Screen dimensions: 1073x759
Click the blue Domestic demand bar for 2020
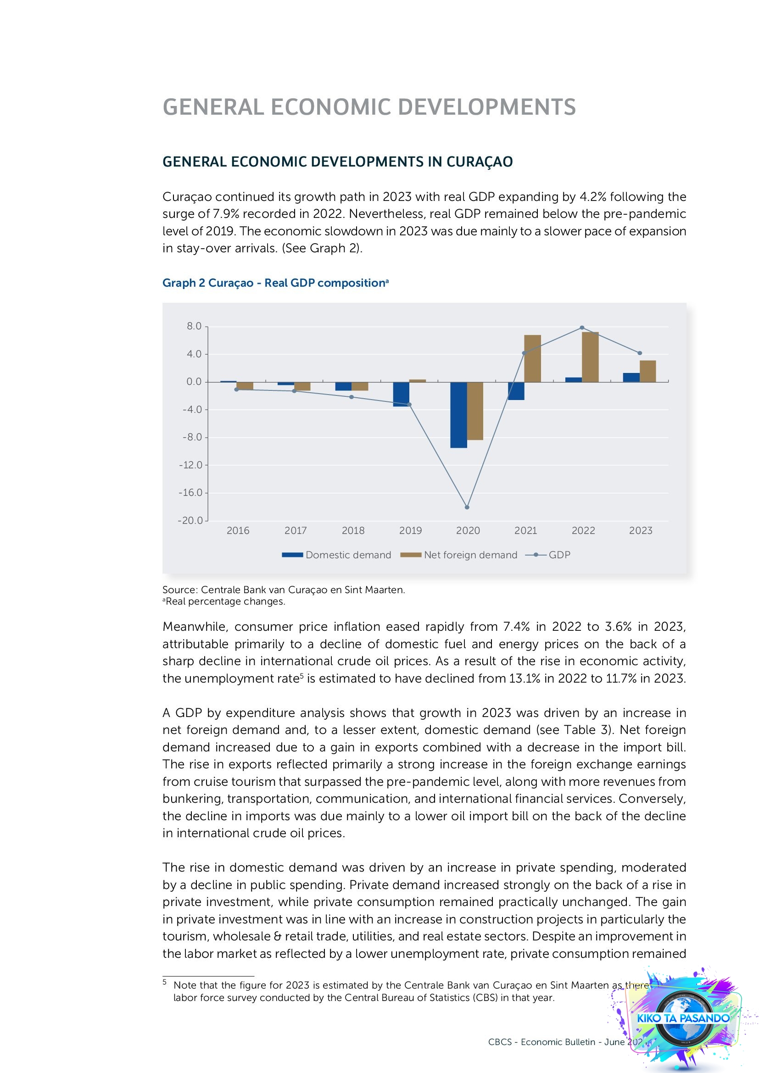458,415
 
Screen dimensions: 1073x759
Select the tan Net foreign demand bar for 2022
591,357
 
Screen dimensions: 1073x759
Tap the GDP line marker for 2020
467,507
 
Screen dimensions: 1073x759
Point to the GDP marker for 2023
640,353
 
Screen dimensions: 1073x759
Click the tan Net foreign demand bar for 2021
533,358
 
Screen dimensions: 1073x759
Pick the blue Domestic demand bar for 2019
401,394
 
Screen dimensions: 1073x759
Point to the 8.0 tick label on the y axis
194,326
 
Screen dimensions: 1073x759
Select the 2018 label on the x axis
353,530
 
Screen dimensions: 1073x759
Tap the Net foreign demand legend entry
470,555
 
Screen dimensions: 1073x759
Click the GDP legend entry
559,555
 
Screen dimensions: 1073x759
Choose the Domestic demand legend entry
348,555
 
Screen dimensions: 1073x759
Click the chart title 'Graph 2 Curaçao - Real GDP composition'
275,283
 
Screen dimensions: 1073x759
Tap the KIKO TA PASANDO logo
683,1018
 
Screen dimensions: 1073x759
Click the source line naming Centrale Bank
283,590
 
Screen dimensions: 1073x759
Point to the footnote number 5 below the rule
165,982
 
